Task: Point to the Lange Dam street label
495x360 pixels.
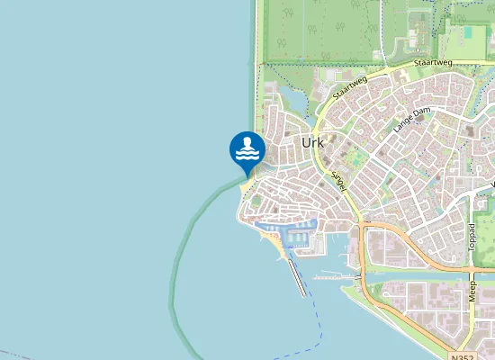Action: click(x=411, y=121)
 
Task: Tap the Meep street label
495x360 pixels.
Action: click(x=473, y=290)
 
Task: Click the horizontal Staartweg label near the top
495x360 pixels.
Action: click(x=434, y=64)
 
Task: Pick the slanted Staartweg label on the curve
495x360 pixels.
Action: click(x=349, y=87)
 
